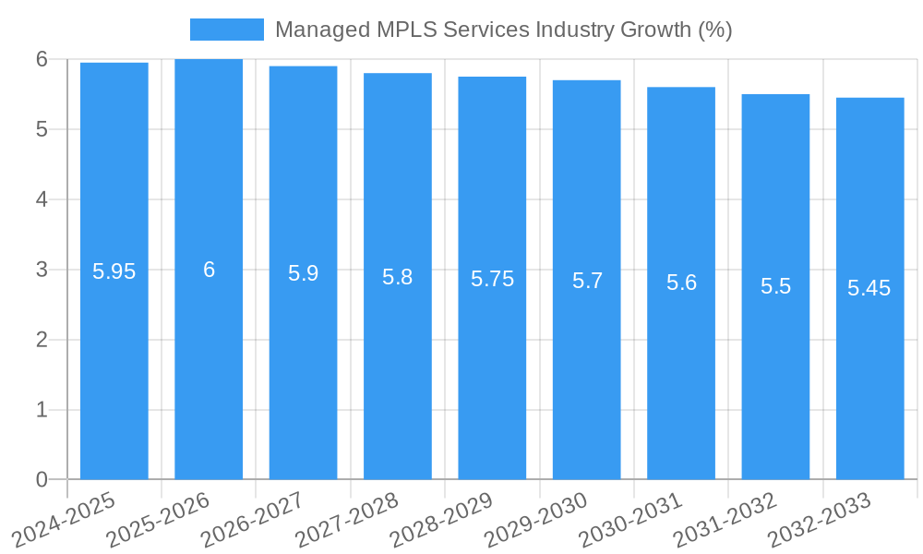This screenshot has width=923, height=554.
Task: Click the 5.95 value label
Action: [x=114, y=271]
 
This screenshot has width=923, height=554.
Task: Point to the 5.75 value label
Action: [x=492, y=279]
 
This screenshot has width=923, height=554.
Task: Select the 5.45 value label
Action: [x=869, y=288]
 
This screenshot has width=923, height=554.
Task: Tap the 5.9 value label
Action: [x=303, y=273]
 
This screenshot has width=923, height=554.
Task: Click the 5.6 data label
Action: [x=681, y=283]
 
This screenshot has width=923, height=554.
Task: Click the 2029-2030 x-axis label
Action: [x=535, y=520]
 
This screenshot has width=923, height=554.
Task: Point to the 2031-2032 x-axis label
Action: [x=725, y=520]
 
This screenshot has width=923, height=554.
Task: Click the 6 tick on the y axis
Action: [x=42, y=59]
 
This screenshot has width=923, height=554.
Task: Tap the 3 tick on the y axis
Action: [x=42, y=270]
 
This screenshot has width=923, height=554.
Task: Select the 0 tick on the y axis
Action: [x=42, y=479]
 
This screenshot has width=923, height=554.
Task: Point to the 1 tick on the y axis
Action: [x=42, y=409]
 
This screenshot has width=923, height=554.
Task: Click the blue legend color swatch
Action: [x=226, y=30]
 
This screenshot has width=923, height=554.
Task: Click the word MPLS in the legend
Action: [x=406, y=30]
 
